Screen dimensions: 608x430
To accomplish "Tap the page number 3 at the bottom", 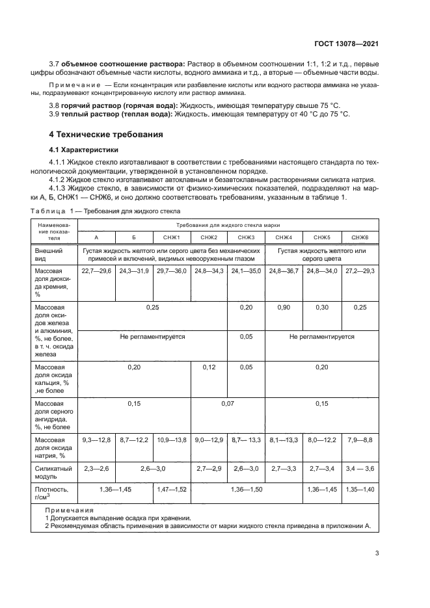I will pos(377,553).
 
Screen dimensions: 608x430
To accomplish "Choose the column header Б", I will pos(133,237).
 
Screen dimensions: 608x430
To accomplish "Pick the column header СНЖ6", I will pos(358,237).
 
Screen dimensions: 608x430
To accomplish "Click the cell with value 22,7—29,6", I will pos(96,270).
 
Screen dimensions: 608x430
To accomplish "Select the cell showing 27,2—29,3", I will pos(358,270).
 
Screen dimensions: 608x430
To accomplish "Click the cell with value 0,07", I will pos(227,403).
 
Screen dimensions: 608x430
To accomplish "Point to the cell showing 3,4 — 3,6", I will pos(358,467).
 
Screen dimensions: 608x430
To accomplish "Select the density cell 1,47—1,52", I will pos(171,489).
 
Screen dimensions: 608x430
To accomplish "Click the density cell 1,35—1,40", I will pos(358,489).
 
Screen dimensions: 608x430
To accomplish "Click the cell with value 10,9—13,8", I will pos(171,440).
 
